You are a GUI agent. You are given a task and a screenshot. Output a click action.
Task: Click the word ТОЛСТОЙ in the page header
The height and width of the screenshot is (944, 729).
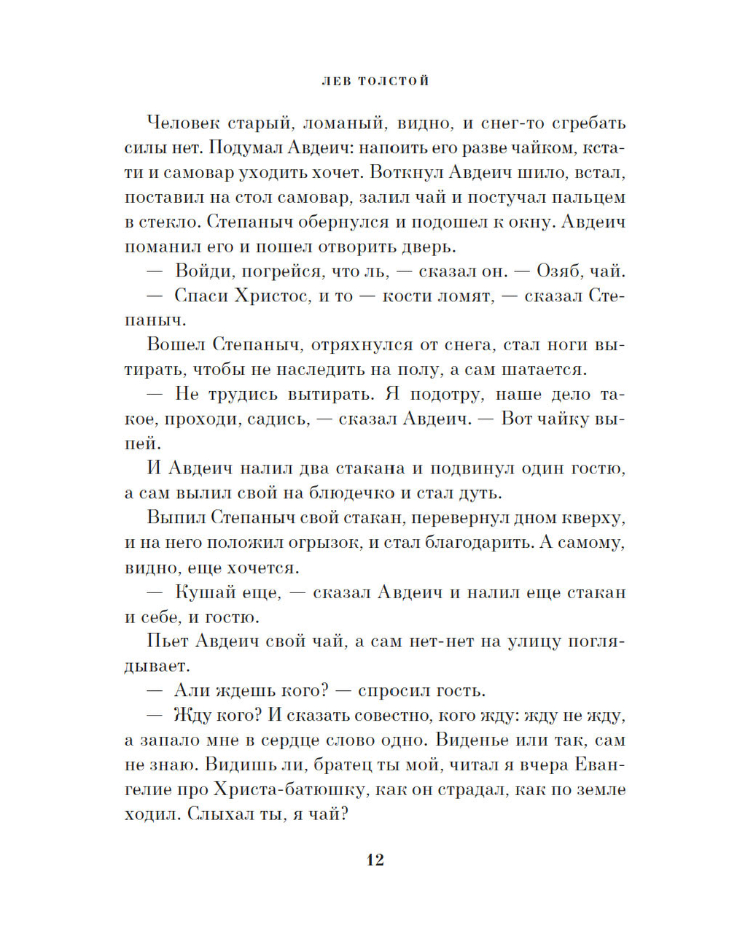point(393,81)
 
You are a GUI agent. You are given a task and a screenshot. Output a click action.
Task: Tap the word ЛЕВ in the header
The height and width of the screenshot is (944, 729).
point(336,81)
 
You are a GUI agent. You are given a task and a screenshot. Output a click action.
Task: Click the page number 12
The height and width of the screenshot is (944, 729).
point(375,860)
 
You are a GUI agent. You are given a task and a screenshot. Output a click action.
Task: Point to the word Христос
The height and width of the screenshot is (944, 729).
point(270,297)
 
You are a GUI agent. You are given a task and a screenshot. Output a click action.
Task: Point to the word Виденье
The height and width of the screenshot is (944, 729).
point(475,740)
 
